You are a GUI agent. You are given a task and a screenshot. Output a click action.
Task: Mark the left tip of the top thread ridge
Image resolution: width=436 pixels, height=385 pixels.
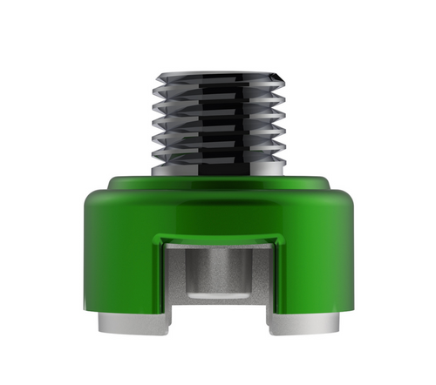pos(159,75)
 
